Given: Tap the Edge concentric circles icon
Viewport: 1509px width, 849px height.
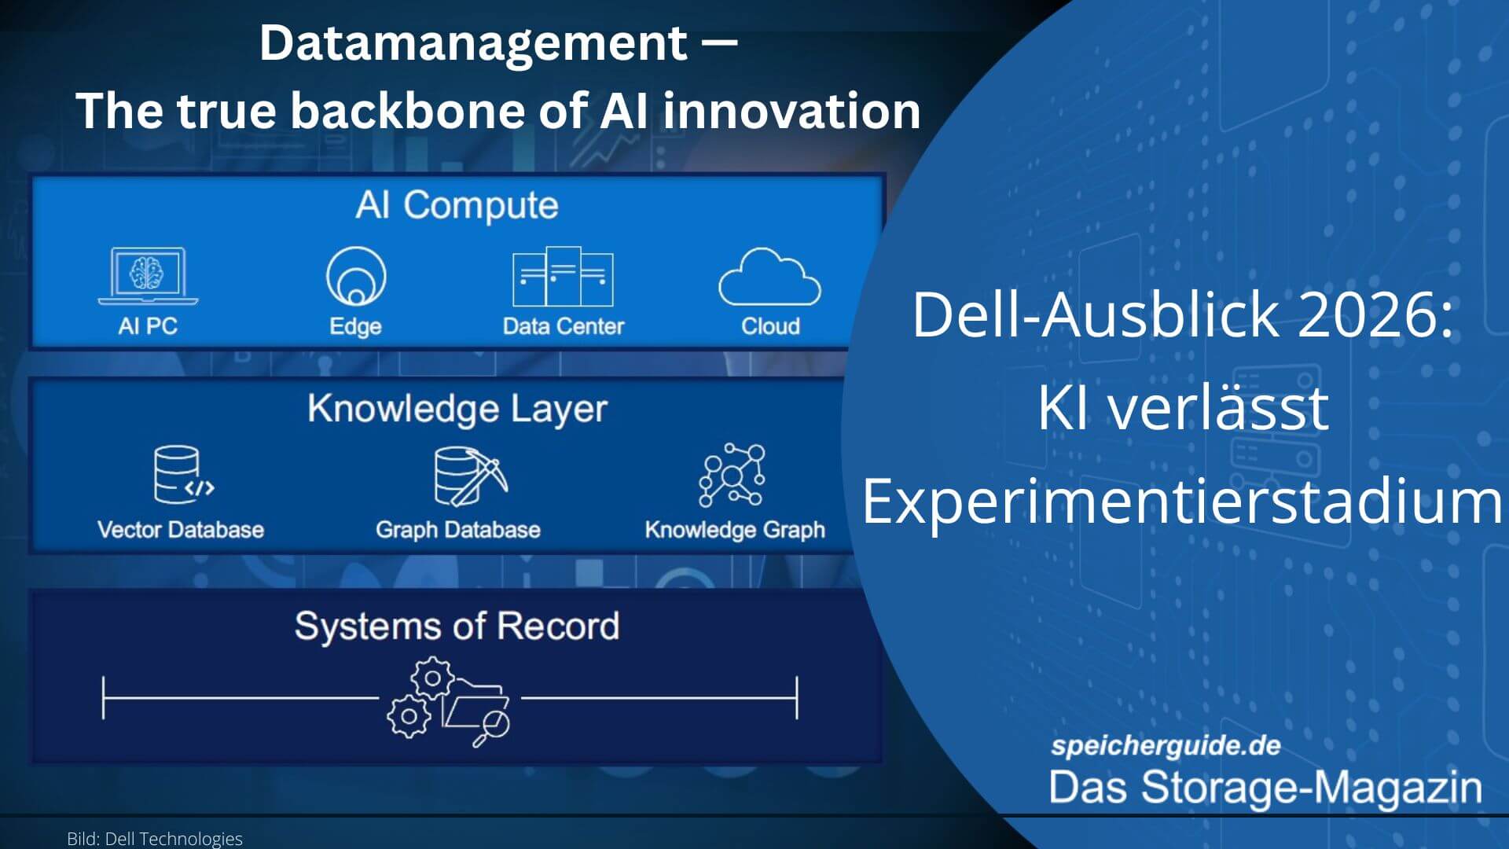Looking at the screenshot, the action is click(356, 276).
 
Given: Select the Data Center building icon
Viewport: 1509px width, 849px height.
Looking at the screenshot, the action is click(563, 276).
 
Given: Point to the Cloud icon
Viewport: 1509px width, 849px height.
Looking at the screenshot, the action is click(770, 277).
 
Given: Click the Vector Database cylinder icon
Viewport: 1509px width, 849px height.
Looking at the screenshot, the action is click(183, 475).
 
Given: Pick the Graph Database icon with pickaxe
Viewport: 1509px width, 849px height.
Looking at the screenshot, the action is click(471, 476).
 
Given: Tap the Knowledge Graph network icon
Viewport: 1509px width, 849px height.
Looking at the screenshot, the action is click(732, 475).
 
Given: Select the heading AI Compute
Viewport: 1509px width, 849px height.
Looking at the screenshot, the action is click(457, 205).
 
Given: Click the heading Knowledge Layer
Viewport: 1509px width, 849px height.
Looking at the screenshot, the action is click(457, 410).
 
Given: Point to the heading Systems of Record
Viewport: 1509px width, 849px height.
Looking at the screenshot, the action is click(457, 627).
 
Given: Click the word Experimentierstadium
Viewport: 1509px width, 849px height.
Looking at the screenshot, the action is click(1183, 501).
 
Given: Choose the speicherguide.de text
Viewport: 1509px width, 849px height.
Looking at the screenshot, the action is click(1166, 745).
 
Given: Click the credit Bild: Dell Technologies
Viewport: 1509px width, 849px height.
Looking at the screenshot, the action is click(155, 839).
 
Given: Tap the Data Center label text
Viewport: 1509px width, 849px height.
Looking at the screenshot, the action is click(564, 326).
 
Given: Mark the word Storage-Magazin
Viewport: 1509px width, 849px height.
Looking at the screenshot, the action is click(1312, 788).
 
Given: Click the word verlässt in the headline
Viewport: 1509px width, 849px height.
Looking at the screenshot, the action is click(1218, 407).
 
